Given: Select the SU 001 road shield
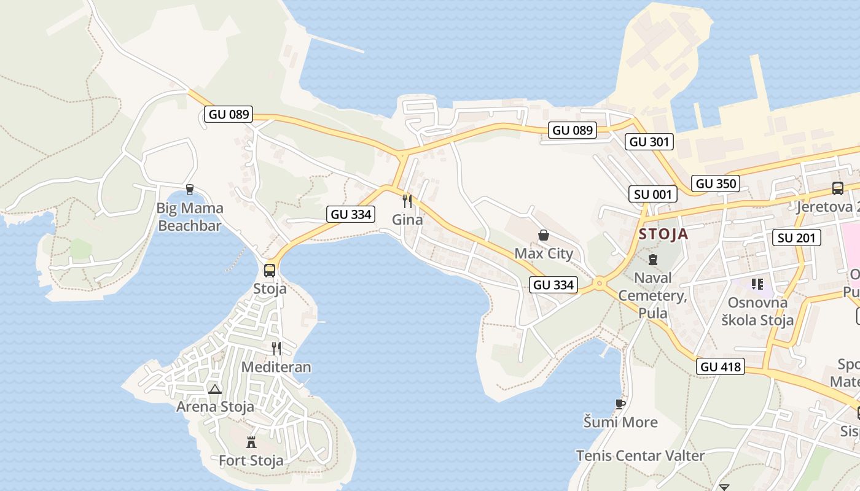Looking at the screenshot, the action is pos(653,195).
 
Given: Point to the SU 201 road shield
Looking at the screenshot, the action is pos(798,238).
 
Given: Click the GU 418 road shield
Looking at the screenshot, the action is pos(721,366).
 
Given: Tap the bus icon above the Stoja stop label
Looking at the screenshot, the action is pos(269,270).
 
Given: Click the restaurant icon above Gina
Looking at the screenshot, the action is pos(407,201).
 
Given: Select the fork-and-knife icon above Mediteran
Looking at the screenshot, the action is pos(276,349).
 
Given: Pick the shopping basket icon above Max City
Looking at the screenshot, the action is pos(543,235).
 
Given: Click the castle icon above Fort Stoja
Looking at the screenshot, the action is pos(251,442).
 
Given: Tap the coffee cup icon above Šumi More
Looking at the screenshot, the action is pos(620,403).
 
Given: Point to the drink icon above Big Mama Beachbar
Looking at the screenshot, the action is pos(189,190).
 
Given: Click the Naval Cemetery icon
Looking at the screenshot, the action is pos(652,259).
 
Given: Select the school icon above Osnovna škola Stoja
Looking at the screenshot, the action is pos(757,284).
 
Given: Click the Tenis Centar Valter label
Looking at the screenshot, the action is pos(640,455).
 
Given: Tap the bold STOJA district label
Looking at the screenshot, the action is pos(663,234).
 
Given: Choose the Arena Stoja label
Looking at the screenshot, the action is pos(215,406).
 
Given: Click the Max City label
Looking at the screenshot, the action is pos(544,253).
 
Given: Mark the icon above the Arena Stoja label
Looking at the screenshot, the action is pos(214,389).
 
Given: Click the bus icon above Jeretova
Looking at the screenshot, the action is pos(837,188).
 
